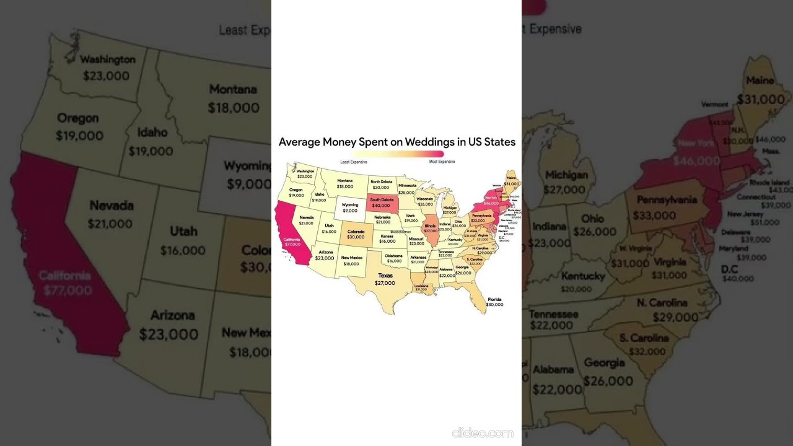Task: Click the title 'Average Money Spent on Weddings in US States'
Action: click(396, 142)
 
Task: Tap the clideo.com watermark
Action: click(483, 432)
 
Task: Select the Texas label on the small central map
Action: click(385, 276)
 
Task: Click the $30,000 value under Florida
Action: click(494, 305)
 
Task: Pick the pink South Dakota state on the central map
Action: click(381, 202)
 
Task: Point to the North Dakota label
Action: click(381, 181)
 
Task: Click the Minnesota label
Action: click(407, 185)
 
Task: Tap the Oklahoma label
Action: click(393, 256)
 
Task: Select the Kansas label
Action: click(387, 236)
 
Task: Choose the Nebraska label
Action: click(382, 217)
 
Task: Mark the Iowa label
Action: click(411, 216)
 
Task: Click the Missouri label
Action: click(416, 238)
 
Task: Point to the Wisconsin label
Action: click(425, 199)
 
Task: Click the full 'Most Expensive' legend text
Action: click(442, 162)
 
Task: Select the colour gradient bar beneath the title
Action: click(397, 154)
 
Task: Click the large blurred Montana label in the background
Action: click(233, 89)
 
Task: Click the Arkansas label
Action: click(418, 257)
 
